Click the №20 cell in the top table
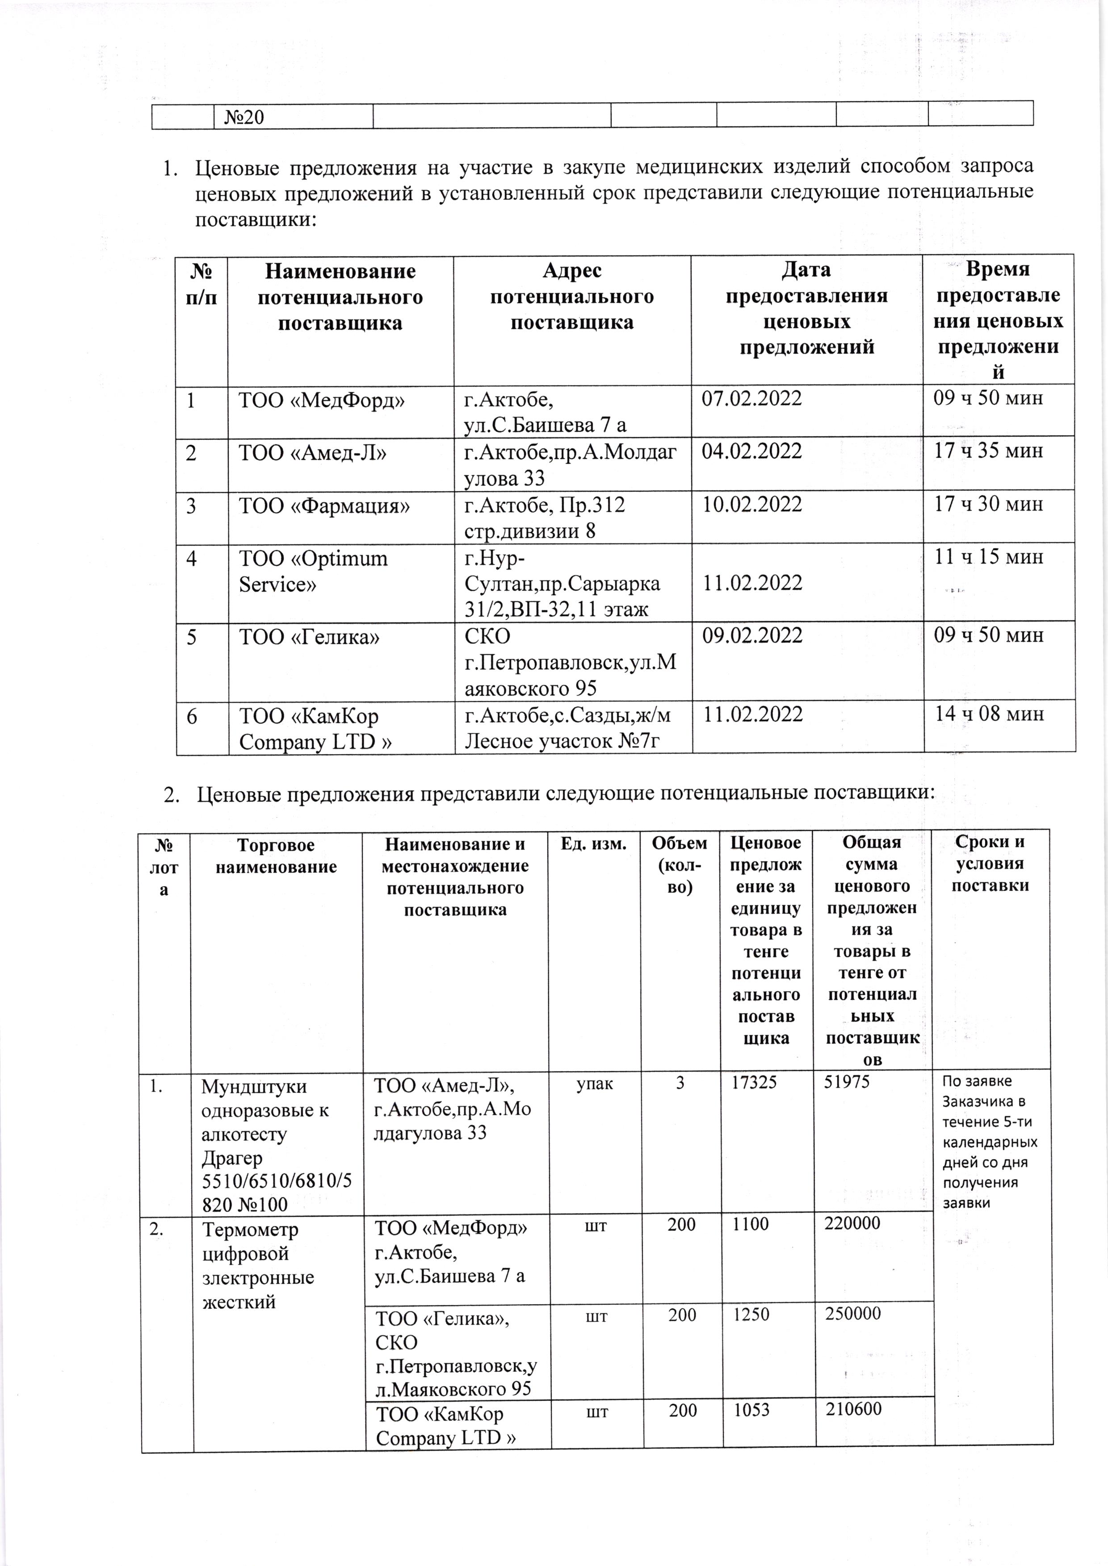click(x=243, y=117)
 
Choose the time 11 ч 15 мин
click(x=989, y=557)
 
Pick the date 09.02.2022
click(x=752, y=636)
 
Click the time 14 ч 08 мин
click(x=989, y=714)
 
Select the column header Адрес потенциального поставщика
click(x=572, y=296)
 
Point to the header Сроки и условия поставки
click(x=990, y=864)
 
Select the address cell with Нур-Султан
click(x=562, y=584)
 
